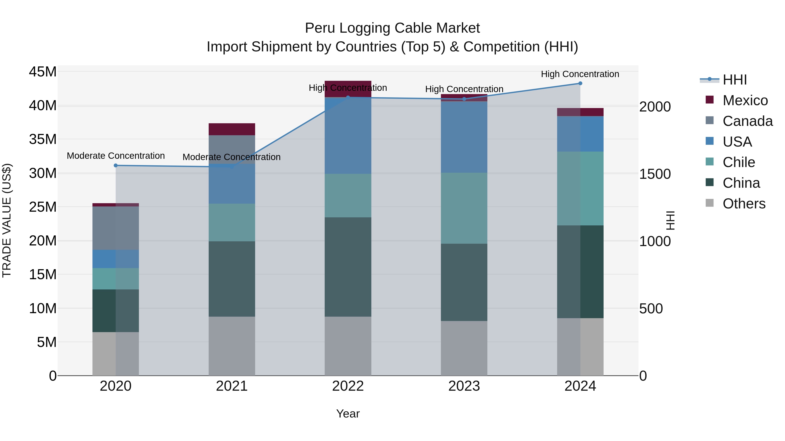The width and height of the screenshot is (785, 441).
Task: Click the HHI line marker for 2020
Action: (116, 166)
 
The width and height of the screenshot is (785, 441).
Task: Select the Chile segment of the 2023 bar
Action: (464, 208)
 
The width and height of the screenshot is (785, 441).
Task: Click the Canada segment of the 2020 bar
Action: (116, 228)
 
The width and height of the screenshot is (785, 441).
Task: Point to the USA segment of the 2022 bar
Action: (348, 136)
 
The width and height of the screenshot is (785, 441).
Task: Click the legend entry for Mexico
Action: (745, 100)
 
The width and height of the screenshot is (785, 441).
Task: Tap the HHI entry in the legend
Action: (734, 80)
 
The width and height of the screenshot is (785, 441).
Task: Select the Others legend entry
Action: (744, 204)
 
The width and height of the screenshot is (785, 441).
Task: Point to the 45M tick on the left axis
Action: (43, 72)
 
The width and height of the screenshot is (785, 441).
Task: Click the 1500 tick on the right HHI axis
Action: (655, 174)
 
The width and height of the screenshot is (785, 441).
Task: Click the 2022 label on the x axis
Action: (348, 386)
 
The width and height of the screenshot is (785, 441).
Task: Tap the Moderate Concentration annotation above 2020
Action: (116, 156)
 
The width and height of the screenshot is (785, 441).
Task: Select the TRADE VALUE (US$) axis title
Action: (7, 220)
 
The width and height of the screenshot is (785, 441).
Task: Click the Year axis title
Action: (348, 414)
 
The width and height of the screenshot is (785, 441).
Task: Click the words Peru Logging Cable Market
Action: (392, 28)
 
